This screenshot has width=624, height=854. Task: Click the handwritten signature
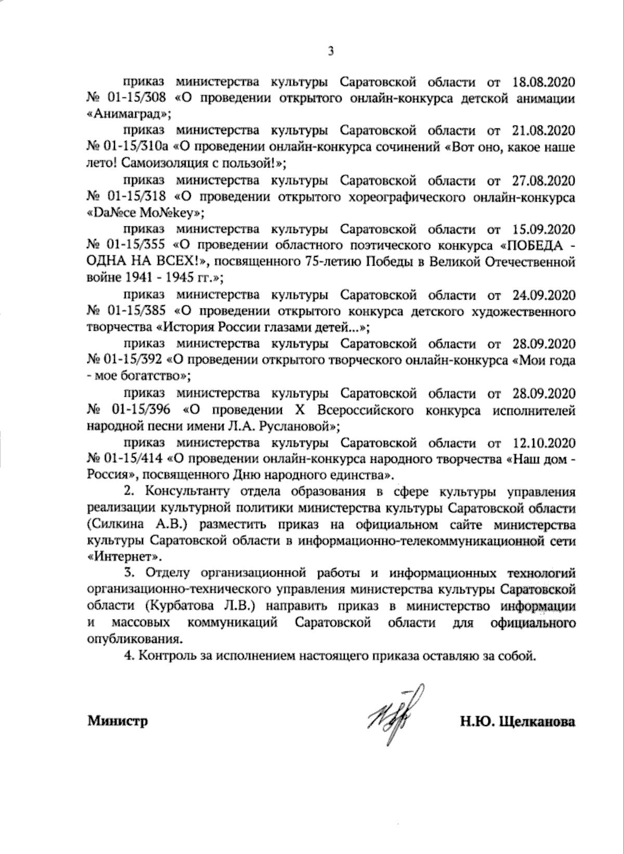(x=394, y=717)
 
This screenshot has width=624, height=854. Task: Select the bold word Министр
(x=118, y=721)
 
